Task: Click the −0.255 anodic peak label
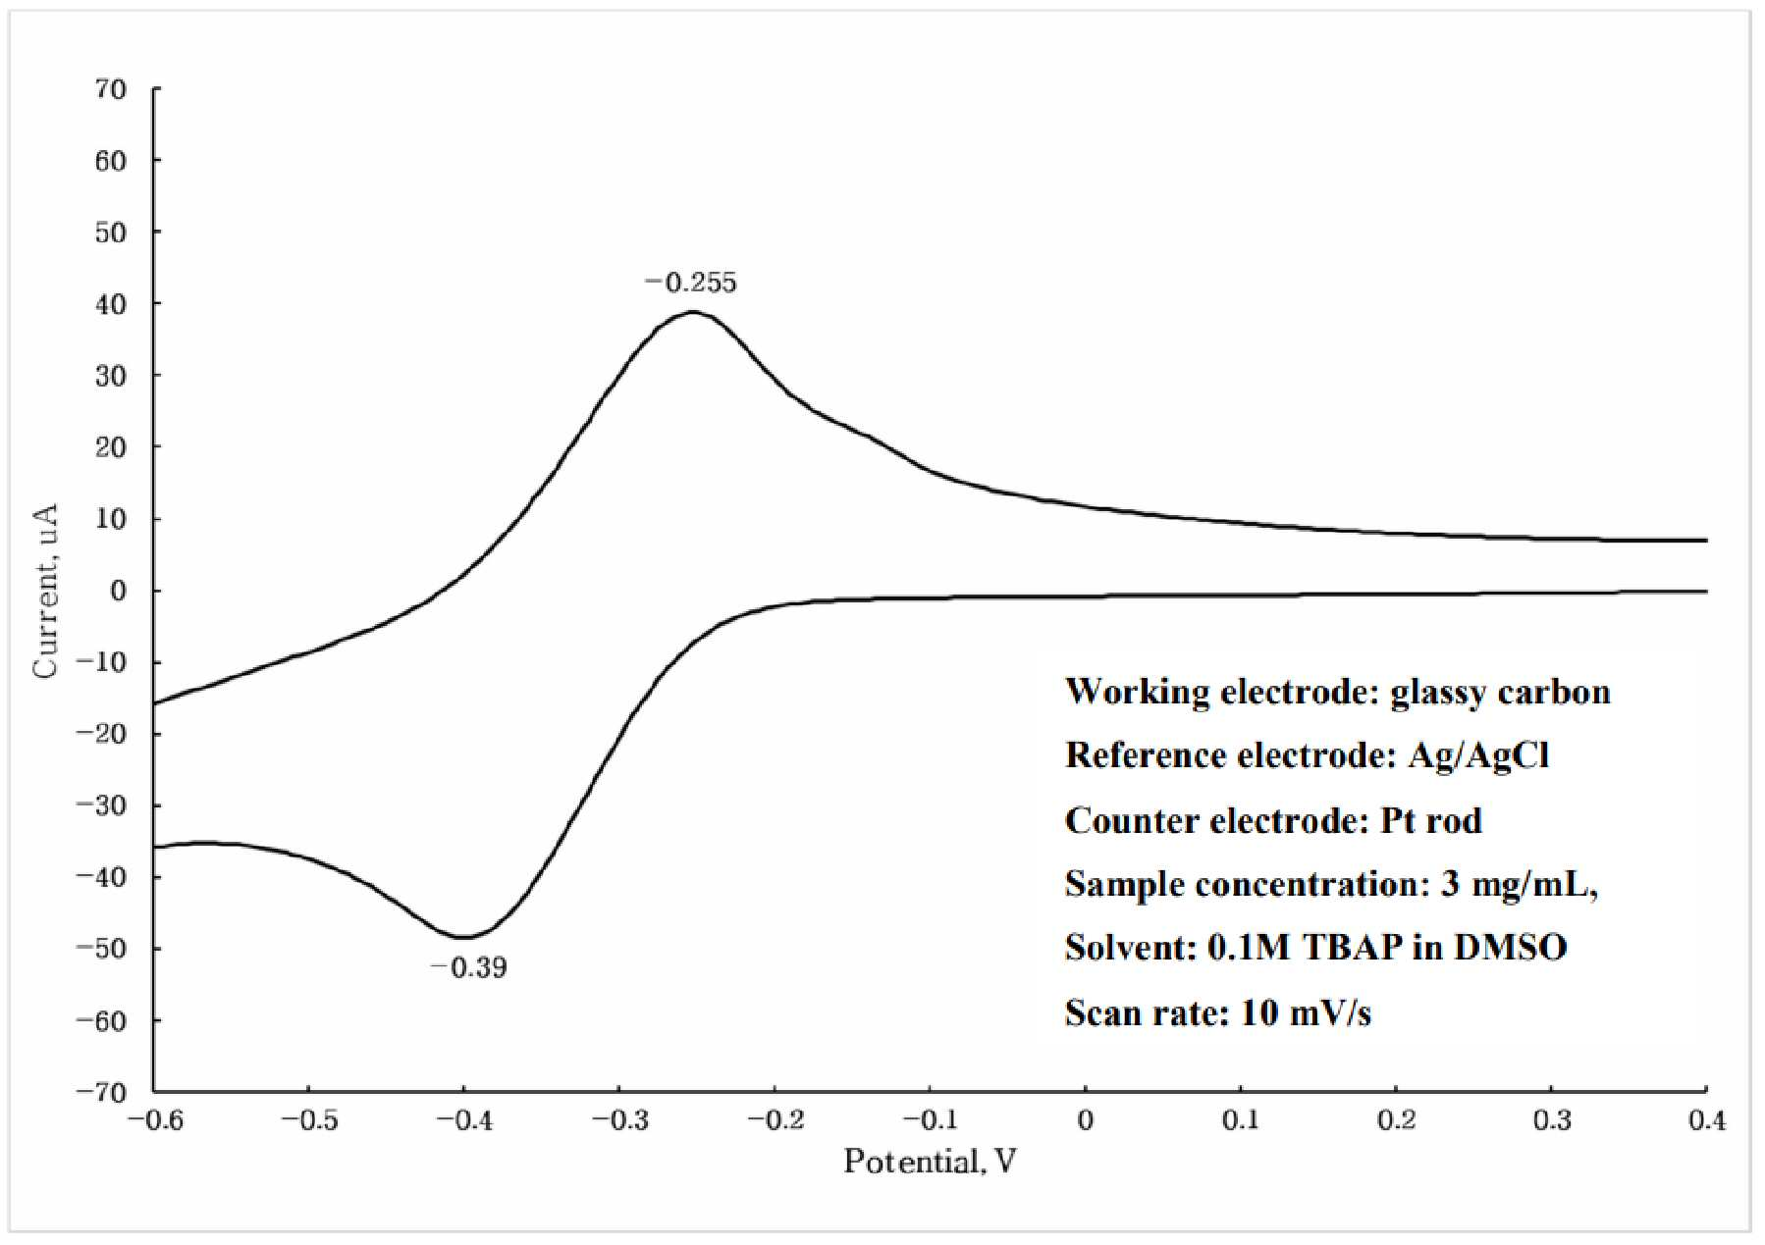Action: point(690,283)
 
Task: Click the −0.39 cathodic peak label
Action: point(468,967)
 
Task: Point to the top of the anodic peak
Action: point(692,312)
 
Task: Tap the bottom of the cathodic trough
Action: point(463,937)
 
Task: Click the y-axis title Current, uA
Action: point(45,591)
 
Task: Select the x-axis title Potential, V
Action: point(930,1162)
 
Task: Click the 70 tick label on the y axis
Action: point(111,89)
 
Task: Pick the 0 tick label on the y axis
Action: point(119,591)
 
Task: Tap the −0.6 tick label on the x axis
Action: point(155,1120)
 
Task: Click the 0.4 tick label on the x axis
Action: point(1707,1120)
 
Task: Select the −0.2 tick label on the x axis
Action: point(776,1120)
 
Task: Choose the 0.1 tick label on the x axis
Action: point(1241,1120)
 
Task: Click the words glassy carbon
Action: point(1501,693)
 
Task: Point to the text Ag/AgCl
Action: point(1479,755)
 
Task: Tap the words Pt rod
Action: point(1431,820)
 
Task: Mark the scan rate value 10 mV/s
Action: point(1307,1012)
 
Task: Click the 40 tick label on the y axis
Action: point(111,304)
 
